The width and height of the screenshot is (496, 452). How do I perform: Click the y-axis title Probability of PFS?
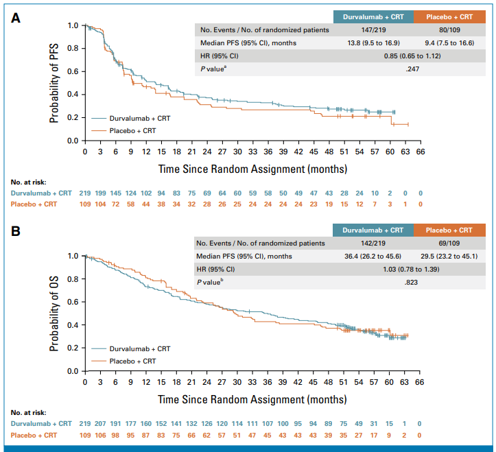(54, 83)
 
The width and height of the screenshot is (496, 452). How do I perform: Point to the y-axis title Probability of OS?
(54, 315)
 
